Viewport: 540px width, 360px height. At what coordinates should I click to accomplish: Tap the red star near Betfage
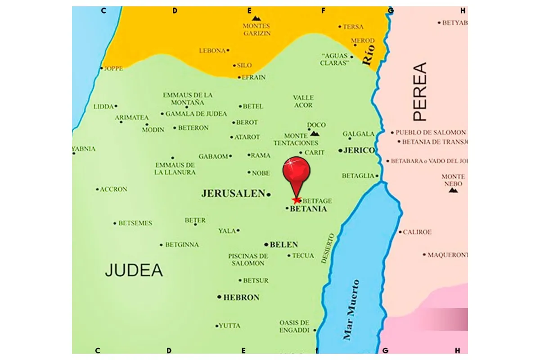pyautogui.click(x=296, y=200)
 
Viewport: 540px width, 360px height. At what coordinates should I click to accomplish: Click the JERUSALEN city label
pyautogui.click(x=233, y=194)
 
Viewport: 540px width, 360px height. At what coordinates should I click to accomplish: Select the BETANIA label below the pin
pyautogui.click(x=308, y=209)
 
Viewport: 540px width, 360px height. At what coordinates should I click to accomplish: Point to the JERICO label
pyautogui.click(x=359, y=150)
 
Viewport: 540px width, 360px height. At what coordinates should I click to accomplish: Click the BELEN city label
pyautogui.click(x=283, y=245)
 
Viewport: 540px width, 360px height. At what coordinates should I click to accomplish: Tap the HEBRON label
pyautogui.click(x=241, y=297)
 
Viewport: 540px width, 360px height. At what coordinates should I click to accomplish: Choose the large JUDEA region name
pyautogui.click(x=134, y=270)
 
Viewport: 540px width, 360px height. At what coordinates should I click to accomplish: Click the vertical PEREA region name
pyautogui.click(x=420, y=92)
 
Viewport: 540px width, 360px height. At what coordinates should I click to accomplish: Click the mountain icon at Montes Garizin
pyautogui.click(x=256, y=18)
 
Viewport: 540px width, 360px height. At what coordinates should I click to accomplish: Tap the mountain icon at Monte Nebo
pyautogui.click(x=453, y=190)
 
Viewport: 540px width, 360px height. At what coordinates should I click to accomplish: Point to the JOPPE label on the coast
pyautogui.click(x=113, y=69)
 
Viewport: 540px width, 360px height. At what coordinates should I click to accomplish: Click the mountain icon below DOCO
pyautogui.click(x=315, y=134)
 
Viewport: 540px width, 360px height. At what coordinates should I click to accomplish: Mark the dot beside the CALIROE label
pyautogui.click(x=400, y=232)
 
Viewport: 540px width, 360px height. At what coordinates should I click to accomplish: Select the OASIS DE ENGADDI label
pyautogui.click(x=294, y=326)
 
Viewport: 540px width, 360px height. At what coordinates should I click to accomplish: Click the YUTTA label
pyautogui.click(x=229, y=326)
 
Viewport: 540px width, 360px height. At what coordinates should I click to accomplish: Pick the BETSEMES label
pyautogui.click(x=135, y=223)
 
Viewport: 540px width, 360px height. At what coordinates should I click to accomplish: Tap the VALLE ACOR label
pyautogui.click(x=303, y=101)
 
